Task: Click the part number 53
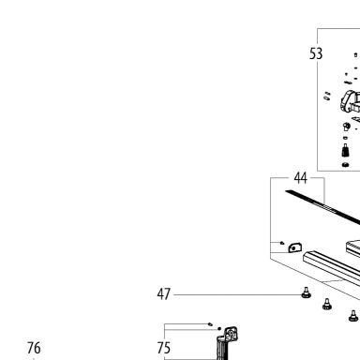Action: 316,53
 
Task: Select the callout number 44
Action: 300,178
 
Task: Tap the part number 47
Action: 164,294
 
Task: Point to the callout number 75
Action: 164,348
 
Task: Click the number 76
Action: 34,348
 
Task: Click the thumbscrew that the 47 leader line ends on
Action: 306,292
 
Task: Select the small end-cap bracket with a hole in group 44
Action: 295,247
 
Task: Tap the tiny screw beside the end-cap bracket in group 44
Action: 282,243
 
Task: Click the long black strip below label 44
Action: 322,207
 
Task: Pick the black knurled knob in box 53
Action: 345,151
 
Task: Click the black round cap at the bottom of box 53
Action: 345,164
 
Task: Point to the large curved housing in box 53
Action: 350,101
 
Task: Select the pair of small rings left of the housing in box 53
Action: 326,96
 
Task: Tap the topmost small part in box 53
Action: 355,55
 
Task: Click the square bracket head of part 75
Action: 232,334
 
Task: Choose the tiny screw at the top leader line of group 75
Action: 210,324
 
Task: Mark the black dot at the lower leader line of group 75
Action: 219,328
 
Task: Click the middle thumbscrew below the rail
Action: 327,304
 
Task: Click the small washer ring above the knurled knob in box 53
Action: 345,138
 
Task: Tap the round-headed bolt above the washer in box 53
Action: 347,127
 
